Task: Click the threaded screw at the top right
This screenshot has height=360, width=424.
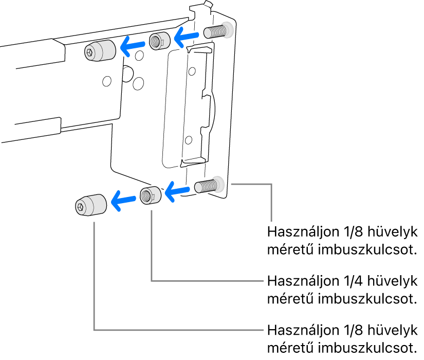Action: coord(216,31)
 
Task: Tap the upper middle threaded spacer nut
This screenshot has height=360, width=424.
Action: coord(159,41)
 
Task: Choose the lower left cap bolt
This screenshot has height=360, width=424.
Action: coord(90,205)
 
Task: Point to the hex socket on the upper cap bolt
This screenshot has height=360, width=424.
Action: coord(90,52)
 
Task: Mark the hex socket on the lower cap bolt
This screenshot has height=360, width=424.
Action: coord(81,207)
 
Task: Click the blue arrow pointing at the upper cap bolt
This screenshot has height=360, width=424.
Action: coord(133,47)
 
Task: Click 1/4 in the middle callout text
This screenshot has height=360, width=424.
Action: coord(352,281)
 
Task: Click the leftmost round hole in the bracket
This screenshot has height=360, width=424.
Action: coord(106,81)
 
